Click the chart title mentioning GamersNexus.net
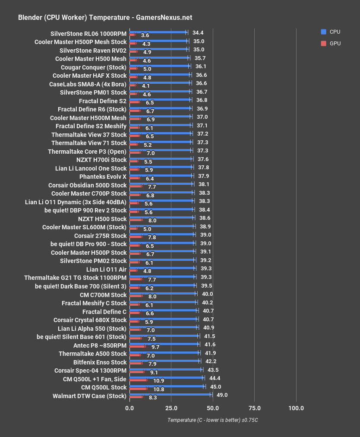(x=105, y=18)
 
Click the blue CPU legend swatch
(x=323, y=32)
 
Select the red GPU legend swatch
(x=323, y=43)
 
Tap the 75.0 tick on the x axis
(x=254, y=408)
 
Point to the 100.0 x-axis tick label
(x=296, y=408)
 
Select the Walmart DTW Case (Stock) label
(x=89, y=396)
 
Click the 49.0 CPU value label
(x=222, y=395)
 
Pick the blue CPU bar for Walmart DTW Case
(x=171, y=394)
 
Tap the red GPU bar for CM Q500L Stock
(x=138, y=389)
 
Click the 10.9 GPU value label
(x=159, y=381)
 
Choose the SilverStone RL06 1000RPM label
(x=88, y=34)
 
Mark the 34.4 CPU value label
(x=198, y=32)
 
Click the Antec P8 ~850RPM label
(x=100, y=345)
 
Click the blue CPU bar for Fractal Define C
(x=163, y=310)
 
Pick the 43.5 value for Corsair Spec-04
(x=211, y=370)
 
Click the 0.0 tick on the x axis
(x=129, y=408)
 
